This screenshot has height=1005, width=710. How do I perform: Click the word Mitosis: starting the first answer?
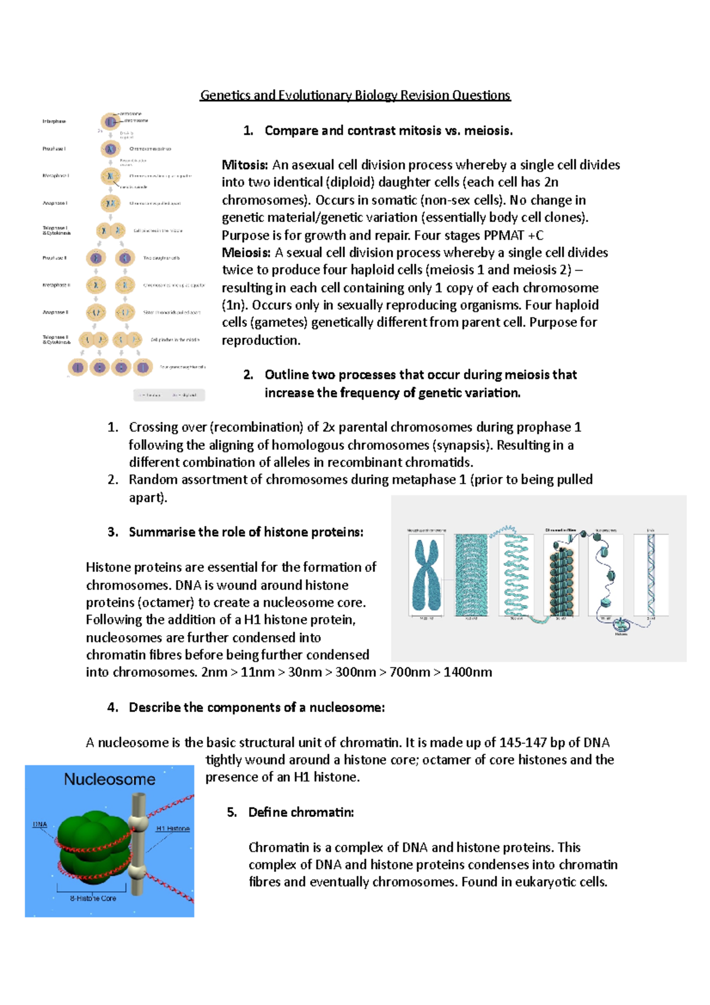click(x=245, y=165)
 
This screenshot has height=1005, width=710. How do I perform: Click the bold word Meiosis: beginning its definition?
click(x=246, y=253)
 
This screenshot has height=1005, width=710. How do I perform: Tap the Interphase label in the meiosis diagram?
click(x=54, y=121)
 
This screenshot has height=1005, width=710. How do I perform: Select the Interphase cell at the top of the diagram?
click(x=110, y=122)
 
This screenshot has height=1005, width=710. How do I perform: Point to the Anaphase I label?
click(x=54, y=203)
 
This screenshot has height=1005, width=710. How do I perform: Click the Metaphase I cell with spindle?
click(x=110, y=176)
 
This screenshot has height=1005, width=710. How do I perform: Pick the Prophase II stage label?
click(x=54, y=258)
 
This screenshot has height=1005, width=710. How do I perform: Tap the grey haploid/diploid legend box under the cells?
click(x=169, y=395)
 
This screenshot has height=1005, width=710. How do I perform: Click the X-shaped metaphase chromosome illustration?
click(x=427, y=575)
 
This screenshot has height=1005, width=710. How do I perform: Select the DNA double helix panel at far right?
click(x=651, y=575)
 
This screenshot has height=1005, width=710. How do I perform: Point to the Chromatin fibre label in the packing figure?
click(x=560, y=530)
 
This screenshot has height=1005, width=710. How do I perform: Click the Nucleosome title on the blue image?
click(x=109, y=779)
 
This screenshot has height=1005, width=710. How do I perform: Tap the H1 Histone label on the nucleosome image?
click(x=173, y=828)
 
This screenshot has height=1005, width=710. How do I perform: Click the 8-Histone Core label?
click(x=93, y=898)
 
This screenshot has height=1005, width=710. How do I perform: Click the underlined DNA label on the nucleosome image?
click(x=40, y=824)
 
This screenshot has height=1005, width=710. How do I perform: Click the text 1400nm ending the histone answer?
click(x=467, y=672)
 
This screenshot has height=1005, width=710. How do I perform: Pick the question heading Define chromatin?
click(x=301, y=813)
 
